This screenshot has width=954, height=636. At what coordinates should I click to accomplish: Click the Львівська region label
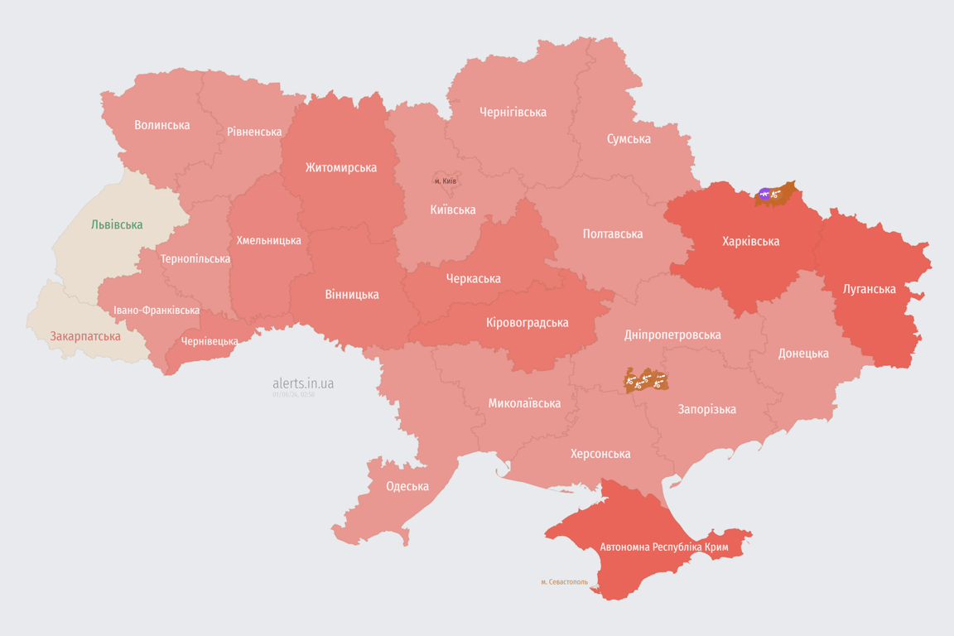(x=117, y=224)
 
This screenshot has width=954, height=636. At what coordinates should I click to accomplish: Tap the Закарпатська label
(x=85, y=336)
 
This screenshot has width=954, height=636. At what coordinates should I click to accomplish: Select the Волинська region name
(x=162, y=125)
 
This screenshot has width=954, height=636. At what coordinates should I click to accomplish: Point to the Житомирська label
(x=341, y=167)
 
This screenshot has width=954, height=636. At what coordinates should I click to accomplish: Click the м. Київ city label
(x=446, y=181)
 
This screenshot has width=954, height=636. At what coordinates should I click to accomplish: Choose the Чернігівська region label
(x=513, y=112)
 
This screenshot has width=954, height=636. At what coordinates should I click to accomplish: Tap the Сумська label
(x=629, y=138)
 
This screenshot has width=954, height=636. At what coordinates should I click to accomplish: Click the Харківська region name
(x=750, y=241)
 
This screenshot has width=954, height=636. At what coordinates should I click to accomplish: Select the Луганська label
(x=869, y=289)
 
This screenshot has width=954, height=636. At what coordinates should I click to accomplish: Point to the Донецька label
(x=803, y=353)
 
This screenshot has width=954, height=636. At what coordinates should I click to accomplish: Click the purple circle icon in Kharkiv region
(x=764, y=194)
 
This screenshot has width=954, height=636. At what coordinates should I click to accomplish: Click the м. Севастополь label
(x=564, y=582)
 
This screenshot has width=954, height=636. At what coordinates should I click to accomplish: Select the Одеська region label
(x=407, y=486)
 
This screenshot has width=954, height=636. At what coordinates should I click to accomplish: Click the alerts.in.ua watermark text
(x=303, y=383)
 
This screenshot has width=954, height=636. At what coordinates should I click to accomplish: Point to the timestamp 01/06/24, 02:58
(x=293, y=395)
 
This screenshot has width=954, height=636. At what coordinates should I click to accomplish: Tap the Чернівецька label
(x=210, y=341)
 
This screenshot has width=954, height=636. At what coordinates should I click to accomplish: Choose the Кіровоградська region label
(x=528, y=322)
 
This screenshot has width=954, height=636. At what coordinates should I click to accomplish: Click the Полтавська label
(x=613, y=234)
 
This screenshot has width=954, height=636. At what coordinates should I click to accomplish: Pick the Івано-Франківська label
(x=157, y=311)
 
